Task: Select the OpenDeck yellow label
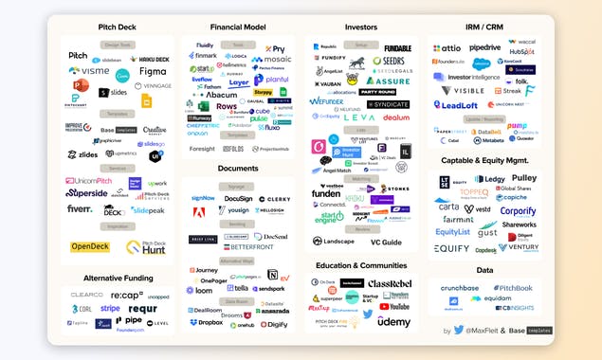click(90, 247)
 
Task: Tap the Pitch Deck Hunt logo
click(146, 248)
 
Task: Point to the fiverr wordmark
click(80, 209)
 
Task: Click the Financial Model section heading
click(238, 27)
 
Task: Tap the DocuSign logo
click(238, 198)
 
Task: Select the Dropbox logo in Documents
click(206, 324)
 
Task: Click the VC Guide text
click(387, 242)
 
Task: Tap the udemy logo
click(393, 321)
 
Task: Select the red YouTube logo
click(394, 306)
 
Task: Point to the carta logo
click(447, 207)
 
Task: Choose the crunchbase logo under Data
click(460, 288)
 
